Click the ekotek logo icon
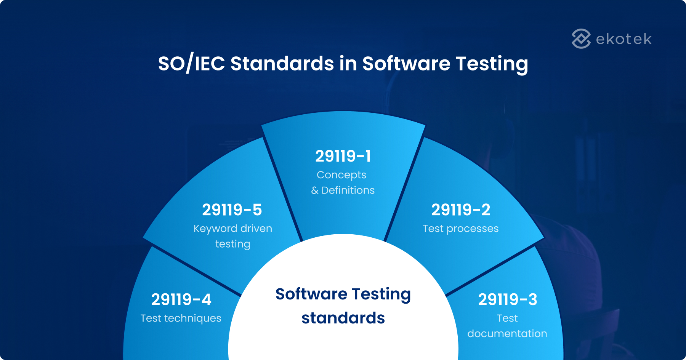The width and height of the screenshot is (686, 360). click(581, 38)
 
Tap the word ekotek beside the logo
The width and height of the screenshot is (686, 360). click(623, 39)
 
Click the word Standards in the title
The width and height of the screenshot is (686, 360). click(282, 63)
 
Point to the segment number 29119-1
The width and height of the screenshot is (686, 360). click(343, 156)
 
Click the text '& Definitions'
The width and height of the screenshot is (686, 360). click(343, 190)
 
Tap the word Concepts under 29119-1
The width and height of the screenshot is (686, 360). click(341, 175)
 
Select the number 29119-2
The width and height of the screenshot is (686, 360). click(460, 210)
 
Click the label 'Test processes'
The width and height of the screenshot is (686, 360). click(460, 229)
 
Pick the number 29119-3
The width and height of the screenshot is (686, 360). click(507, 300)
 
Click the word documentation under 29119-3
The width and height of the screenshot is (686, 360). click(507, 334)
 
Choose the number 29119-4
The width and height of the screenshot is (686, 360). click(181, 300)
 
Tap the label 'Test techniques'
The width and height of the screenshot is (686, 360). click(181, 318)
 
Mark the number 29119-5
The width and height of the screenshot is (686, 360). click(232, 210)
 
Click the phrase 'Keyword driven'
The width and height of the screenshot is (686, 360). click(232, 229)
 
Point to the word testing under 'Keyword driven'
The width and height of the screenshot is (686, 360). click(232, 244)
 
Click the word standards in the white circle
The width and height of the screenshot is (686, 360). click(343, 318)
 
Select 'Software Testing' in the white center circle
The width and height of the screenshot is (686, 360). click(343, 294)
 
